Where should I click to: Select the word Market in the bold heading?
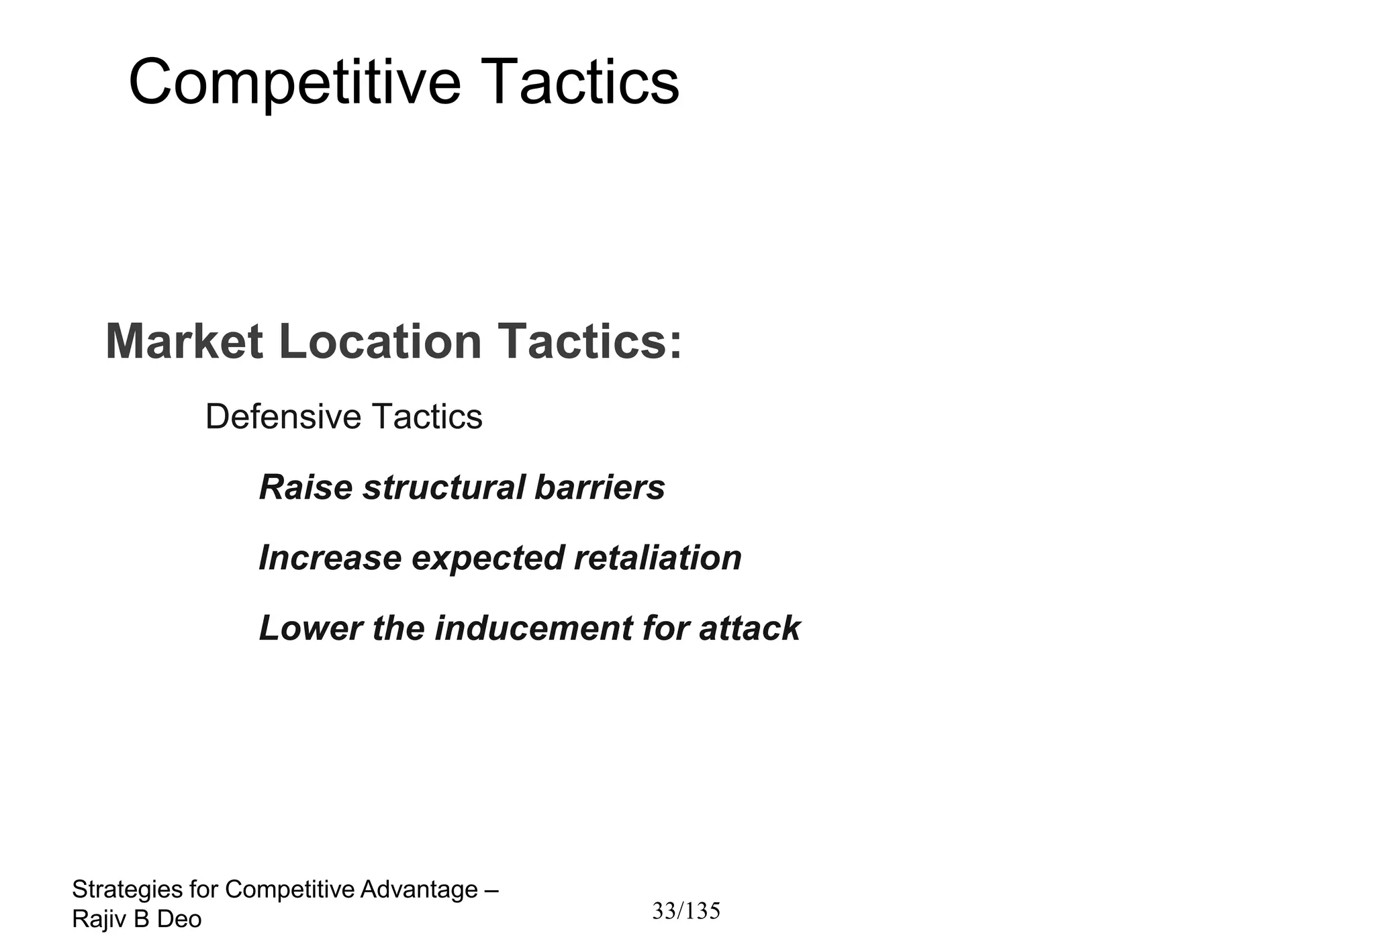184,342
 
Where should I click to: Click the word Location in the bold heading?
379,342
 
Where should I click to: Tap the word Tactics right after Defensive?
426,416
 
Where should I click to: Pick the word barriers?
600,487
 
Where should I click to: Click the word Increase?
330,558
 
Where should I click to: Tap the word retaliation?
658,558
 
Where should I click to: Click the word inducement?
533,628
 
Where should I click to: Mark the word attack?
749,628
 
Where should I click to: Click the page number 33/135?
686,911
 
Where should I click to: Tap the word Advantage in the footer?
419,890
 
